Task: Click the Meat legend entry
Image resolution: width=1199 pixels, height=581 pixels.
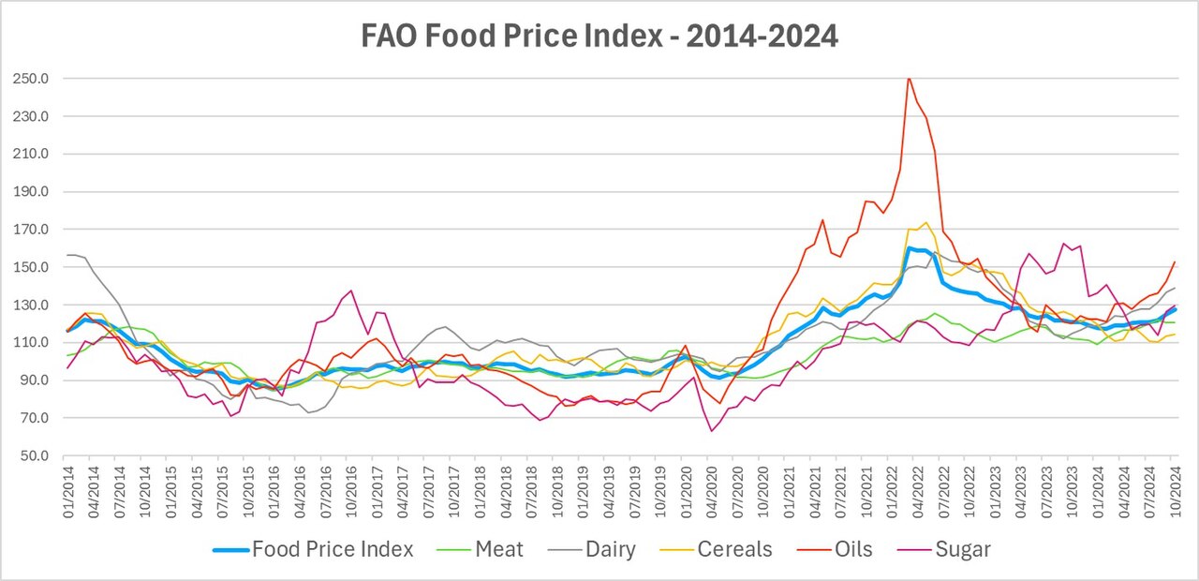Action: coord(481,549)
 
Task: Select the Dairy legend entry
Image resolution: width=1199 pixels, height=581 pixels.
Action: coord(591,549)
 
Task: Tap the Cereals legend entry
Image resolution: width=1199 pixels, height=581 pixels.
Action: coord(716,549)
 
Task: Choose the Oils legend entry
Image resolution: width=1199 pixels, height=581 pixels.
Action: coord(835,549)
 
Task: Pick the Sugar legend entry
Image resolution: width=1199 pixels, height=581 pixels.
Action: coord(943,549)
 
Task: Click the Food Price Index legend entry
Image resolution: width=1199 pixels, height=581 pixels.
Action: coord(313,549)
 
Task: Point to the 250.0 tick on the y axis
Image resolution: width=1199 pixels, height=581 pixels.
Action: coord(31,79)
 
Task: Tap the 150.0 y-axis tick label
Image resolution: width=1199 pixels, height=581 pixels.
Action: coord(31,267)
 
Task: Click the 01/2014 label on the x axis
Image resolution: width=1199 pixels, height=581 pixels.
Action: coord(68,492)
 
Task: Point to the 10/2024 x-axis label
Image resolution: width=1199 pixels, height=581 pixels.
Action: coord(1176,492)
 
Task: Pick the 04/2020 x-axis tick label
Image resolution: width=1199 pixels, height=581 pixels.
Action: coord(712,492)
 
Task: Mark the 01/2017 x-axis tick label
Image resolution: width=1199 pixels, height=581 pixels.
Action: coord(377,492)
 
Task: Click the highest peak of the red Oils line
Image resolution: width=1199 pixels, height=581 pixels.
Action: coord(909,79)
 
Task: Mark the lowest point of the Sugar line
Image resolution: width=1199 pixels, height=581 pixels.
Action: coord(711,431)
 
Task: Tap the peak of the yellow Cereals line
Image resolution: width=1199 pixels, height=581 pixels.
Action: coord(926,223)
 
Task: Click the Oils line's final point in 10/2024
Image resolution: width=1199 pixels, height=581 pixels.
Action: coord(1175,261)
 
